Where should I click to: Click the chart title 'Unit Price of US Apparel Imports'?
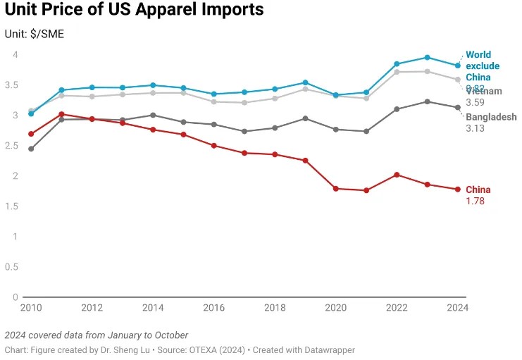point(134,11)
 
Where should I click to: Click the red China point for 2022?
point(397,175)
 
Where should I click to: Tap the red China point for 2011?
point(61,114)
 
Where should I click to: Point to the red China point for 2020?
point(335,189)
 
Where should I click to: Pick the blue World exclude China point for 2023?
point(427,57)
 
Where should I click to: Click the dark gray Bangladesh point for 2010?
point(31,149)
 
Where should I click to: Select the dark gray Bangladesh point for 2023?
point(427,101)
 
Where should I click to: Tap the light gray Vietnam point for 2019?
point(305,89)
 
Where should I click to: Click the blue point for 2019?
point(305,82)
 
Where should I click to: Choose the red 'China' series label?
point(478,190)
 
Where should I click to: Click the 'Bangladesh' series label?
point(491,117)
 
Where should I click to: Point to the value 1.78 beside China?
point(476,201)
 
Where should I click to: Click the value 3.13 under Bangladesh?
point(476,128)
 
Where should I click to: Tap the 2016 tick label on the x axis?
point(213,308)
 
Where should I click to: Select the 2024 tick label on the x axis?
point(457,308)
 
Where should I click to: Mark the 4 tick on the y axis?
point(14,54)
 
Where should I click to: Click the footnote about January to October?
point(96,335)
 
